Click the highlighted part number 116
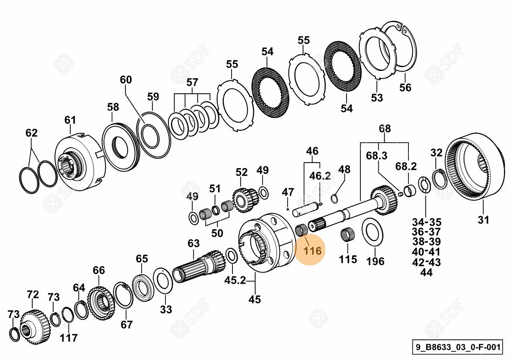312,250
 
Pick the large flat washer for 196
373,231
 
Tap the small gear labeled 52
245,198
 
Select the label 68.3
377,156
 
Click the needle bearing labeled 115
348,235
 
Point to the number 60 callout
126,79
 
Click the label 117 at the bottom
68,338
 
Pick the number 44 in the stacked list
426,273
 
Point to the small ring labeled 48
334,197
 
